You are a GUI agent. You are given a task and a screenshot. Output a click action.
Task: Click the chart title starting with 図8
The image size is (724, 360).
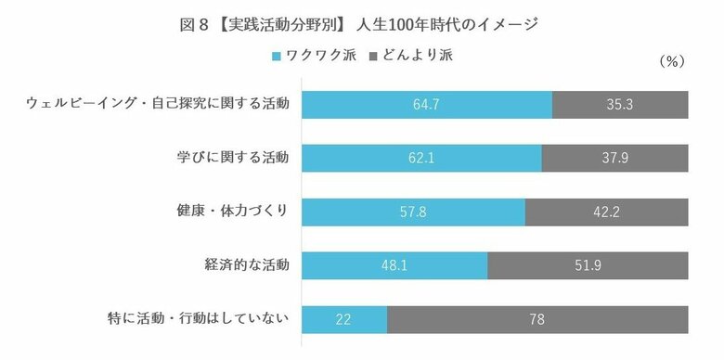point(361,24)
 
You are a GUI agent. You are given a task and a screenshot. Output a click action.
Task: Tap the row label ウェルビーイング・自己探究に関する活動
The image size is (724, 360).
point(157,104)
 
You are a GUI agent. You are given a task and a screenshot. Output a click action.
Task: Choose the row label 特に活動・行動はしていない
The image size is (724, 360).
point(198,319)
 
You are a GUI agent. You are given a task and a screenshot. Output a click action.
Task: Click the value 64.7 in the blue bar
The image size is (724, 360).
point(427,105)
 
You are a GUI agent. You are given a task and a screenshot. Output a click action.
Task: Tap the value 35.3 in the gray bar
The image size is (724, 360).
point(619,105)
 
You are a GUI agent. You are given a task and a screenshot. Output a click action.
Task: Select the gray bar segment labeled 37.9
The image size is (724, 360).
point(614,159)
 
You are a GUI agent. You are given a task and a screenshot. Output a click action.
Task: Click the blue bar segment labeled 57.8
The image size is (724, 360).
point(414,212)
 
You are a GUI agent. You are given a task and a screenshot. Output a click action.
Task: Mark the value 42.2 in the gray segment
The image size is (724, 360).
point(606,212)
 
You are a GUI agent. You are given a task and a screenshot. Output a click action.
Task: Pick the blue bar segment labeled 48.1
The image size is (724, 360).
point(395,266)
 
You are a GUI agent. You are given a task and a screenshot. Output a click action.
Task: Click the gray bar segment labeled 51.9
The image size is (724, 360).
point(588,266)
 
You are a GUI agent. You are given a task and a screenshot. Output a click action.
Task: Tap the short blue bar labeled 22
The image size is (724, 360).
point(345,320)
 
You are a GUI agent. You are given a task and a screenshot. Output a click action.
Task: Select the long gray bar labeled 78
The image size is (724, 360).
point(537,320)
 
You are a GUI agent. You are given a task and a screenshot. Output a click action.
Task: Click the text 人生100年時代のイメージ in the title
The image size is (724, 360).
point(447,24)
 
